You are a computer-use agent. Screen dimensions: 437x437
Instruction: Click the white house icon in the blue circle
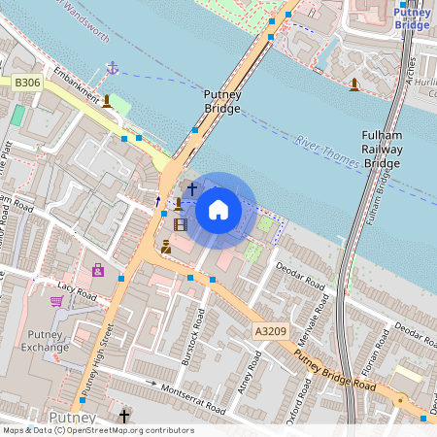(218, 209)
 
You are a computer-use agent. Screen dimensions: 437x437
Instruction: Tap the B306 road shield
(27, 84)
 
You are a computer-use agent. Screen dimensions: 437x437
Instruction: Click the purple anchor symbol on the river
(112, 68)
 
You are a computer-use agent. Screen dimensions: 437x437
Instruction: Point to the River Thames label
(325, 150)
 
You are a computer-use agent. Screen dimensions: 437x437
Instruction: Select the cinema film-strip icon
(180, 224)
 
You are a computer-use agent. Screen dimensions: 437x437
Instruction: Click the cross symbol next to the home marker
(191, 187)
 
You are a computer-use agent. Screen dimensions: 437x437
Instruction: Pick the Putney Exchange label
(45, 339)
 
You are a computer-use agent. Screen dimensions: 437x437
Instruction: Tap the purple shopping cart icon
(56, 302)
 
